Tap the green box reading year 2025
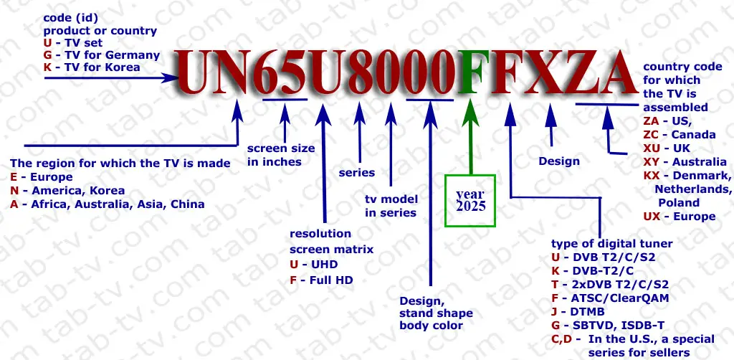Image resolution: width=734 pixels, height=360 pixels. point(470,200)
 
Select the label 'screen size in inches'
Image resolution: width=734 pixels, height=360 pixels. point(280,155)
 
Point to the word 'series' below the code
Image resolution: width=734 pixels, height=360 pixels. point(356,172)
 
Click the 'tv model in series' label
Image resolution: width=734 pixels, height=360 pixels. point(391,206)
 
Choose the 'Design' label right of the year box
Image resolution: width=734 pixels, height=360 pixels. point(559,161)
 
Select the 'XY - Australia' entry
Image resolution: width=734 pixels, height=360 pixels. point(685,162)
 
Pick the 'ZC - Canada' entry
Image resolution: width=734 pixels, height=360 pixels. point(679,135)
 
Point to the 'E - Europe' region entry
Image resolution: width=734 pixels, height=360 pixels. point(42,177)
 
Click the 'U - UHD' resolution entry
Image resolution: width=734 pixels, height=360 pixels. point(313,265)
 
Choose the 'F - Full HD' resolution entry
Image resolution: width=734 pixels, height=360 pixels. point(321,280)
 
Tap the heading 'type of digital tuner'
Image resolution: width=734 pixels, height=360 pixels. point(612,244)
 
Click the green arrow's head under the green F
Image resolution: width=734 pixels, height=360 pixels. point(471,112)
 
